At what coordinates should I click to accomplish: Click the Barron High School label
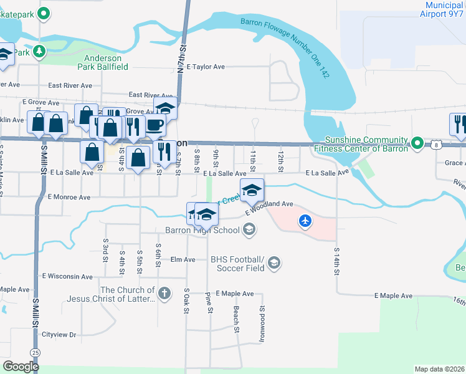coord(202,231)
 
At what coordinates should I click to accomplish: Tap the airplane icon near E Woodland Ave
coord(305,221)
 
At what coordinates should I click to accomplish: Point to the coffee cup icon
coord(155,125)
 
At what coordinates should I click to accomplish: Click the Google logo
coord(21,367)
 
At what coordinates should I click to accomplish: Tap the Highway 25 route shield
coord(36,353)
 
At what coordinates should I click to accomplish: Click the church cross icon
coord(164,294)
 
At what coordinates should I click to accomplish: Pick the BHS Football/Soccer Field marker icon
coord(274,264)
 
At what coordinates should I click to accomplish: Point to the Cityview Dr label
coord(59,335)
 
